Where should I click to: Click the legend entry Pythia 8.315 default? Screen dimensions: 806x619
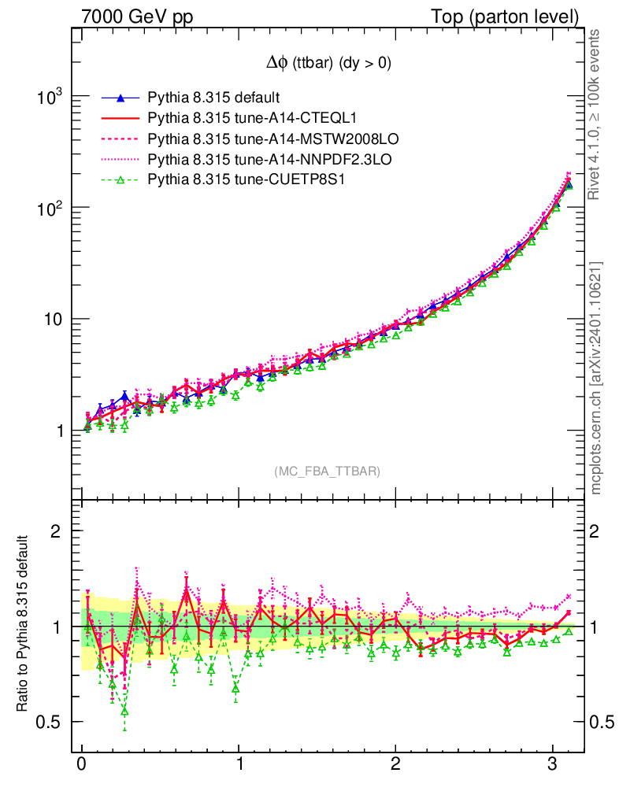(213, 98)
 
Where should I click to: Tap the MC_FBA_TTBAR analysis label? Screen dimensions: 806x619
(328, 471)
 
